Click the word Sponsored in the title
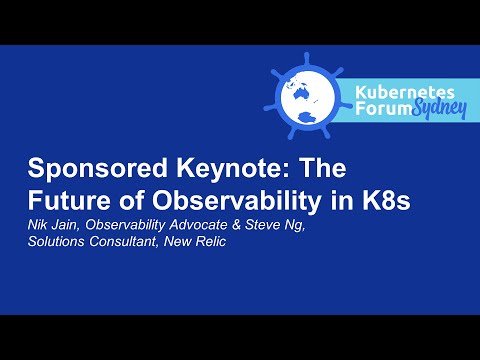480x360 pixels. click(85, 168)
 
